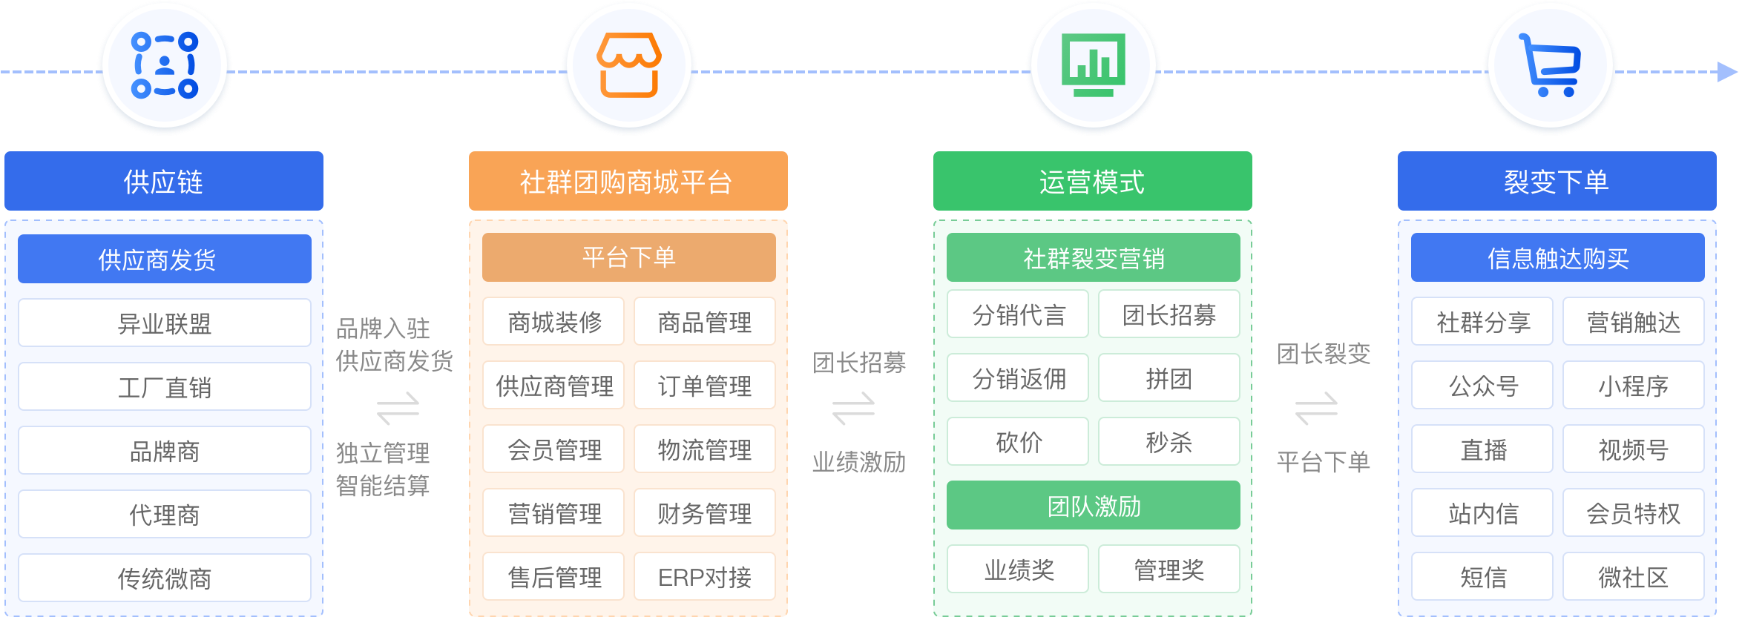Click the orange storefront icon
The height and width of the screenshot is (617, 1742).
(x=629, y=65)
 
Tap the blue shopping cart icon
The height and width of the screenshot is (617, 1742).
(x=1550, y=65)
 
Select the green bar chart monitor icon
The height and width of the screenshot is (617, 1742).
(x=1093, y=65)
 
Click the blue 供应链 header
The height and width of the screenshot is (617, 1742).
(x=164, y=182)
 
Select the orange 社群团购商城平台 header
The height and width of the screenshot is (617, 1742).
(x=628, y=182)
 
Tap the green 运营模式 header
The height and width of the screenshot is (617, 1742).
(x=1092, y=182)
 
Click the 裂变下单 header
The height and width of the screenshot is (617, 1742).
(x=1557, y=182)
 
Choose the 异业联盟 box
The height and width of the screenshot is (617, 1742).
(x=164, y=323)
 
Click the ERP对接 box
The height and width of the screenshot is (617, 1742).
(x=704, y=577)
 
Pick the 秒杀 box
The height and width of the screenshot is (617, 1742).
(x=1169, y=442)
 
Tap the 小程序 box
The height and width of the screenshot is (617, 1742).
(x=1633, y=386)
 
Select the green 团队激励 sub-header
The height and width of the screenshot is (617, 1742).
(x=1093, y=506)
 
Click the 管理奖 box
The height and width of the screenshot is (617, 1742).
(x=1169, y=570)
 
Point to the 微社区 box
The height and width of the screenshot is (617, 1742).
(x=1633, y=577)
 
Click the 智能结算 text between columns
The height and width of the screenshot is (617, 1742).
(x=383, y=486)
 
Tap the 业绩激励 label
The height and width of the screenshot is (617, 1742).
(x=859, y=462)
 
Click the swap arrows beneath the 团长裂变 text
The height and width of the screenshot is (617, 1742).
(x=1316, y=408)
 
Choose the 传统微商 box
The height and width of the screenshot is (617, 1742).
(x=164, y=578)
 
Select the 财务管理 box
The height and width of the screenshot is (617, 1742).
(x=704, y=513)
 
